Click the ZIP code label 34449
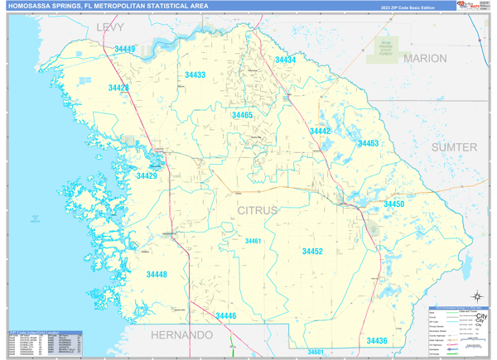pyautogui.click(x=124, y=50)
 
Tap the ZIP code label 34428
pyautogui.click(x=118, y=88)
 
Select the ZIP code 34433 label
pyautogui.click(x=195, y=75)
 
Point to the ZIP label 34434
pyautogui.click(x=285, y=60)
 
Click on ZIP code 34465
pyautogui.click(x=242, y=116)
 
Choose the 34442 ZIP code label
pyautogui.click(x=320, y=132)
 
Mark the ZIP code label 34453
pyautogui.click(x=368, y=143)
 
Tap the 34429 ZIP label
pyautogui.click(x=147, y=176)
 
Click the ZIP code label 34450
pyautogui.click(x=393, y=204)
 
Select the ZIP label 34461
pyautogui.click(x=253, y=241)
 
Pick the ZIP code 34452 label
pyautogui.click(x=312, y=252)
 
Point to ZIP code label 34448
pyautogui.click(x=157, y=275)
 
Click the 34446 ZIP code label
pyautogui.click(x=226, y=316)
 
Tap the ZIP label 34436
pyautogui.click(x=376, y=341)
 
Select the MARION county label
pyautogui.click(x=425, y=59)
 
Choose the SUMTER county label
pyautogui.click(x=454, y=147)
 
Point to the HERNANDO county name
pyautogui.click(x=181, y=335)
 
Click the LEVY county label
pyautogui.click(x=109, y=27)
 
